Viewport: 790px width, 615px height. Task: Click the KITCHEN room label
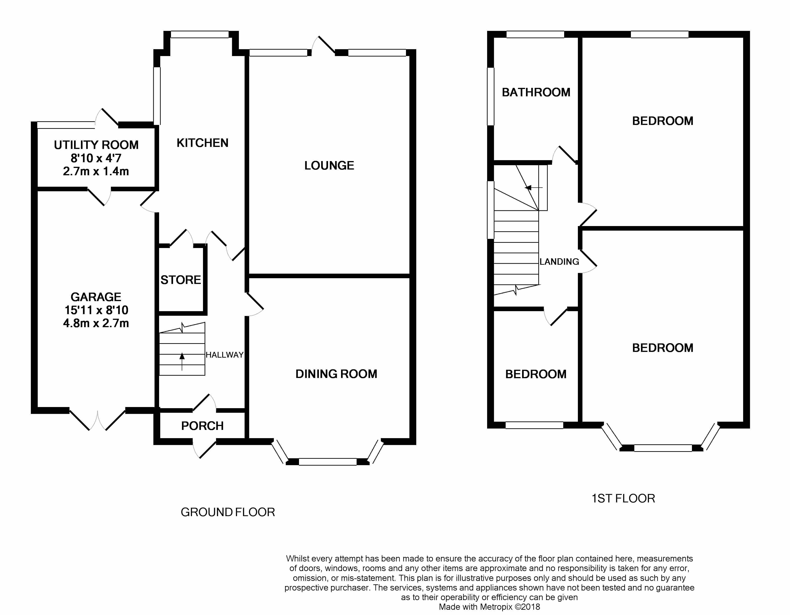pos(202,143)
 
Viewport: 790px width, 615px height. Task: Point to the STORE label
pos(181,280)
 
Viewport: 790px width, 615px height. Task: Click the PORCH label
pos(202,426)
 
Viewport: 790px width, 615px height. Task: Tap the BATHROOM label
pos(536,92)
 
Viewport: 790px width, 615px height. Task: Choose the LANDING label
pos(559,262)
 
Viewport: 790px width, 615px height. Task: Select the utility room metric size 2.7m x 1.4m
pos(96,171)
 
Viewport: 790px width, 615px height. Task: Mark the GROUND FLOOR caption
pos(228,512)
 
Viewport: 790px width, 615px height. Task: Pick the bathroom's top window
pos(535,34)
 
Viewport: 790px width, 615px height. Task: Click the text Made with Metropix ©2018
pos(489,607)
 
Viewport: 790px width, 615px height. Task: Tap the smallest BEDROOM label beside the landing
pos(536,374)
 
